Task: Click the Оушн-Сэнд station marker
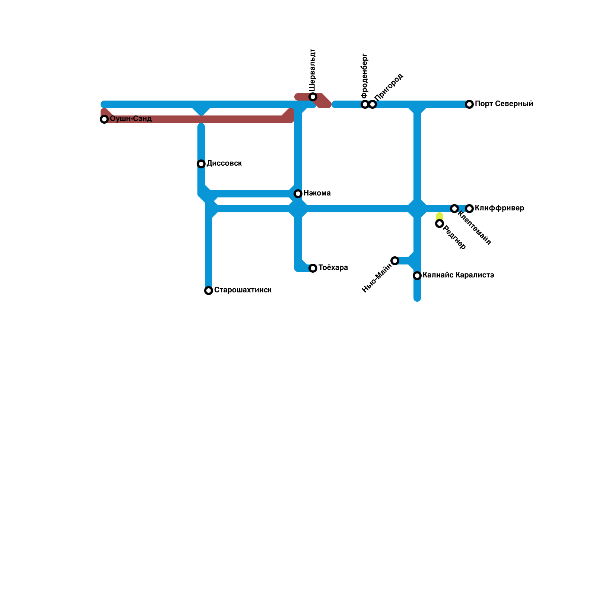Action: point(104,119)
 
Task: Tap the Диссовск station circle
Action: point(201,164)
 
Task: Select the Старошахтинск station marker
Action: point(209,291)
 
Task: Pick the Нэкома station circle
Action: point(298,194)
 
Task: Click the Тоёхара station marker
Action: point(313,268)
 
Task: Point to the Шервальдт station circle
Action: point(313,97)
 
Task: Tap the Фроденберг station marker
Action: point(365,104)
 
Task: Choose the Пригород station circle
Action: point(372,104)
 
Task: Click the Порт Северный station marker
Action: point(469,104)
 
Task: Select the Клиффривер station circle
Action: point(469,209)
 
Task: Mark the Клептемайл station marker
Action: point(454,209)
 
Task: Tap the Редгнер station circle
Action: point(440,223)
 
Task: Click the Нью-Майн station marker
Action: point(395,261)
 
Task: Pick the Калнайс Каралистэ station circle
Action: point(417,276)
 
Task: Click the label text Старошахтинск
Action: point(242,290)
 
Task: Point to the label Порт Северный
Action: point(504,104)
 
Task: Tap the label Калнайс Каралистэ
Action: point(458,275)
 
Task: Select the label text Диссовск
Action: point(224,164)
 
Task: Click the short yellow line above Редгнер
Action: point(440,216)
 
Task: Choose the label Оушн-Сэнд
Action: point(131,119)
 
